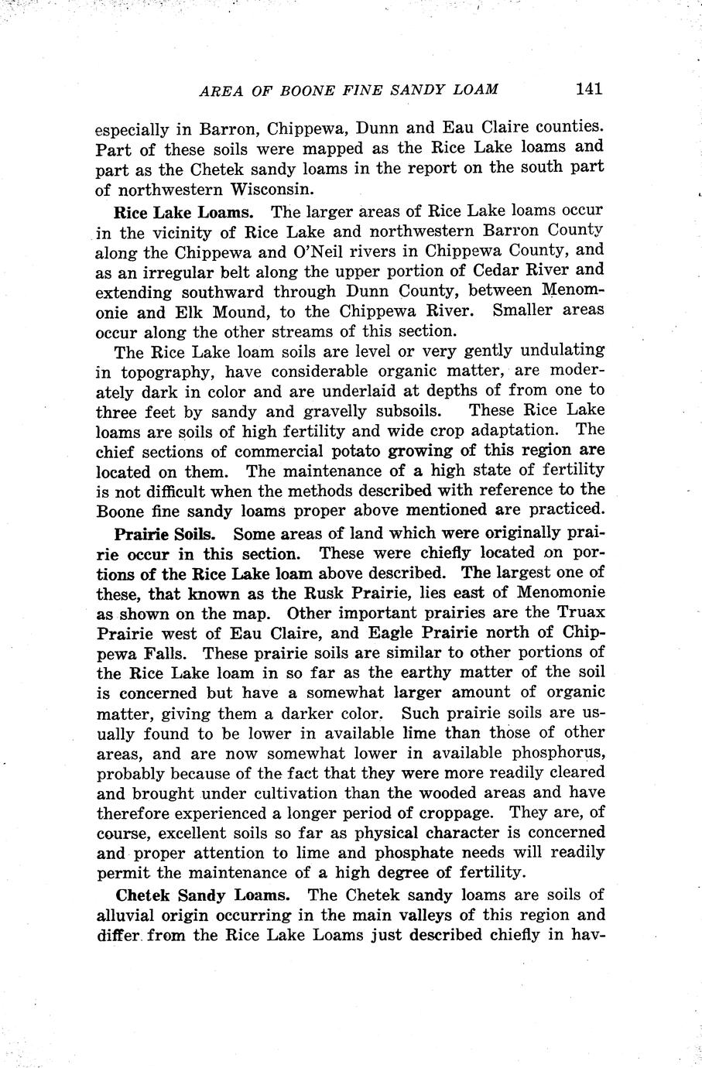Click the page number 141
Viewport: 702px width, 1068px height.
(588, 88)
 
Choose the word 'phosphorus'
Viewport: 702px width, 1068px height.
(553, 753)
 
